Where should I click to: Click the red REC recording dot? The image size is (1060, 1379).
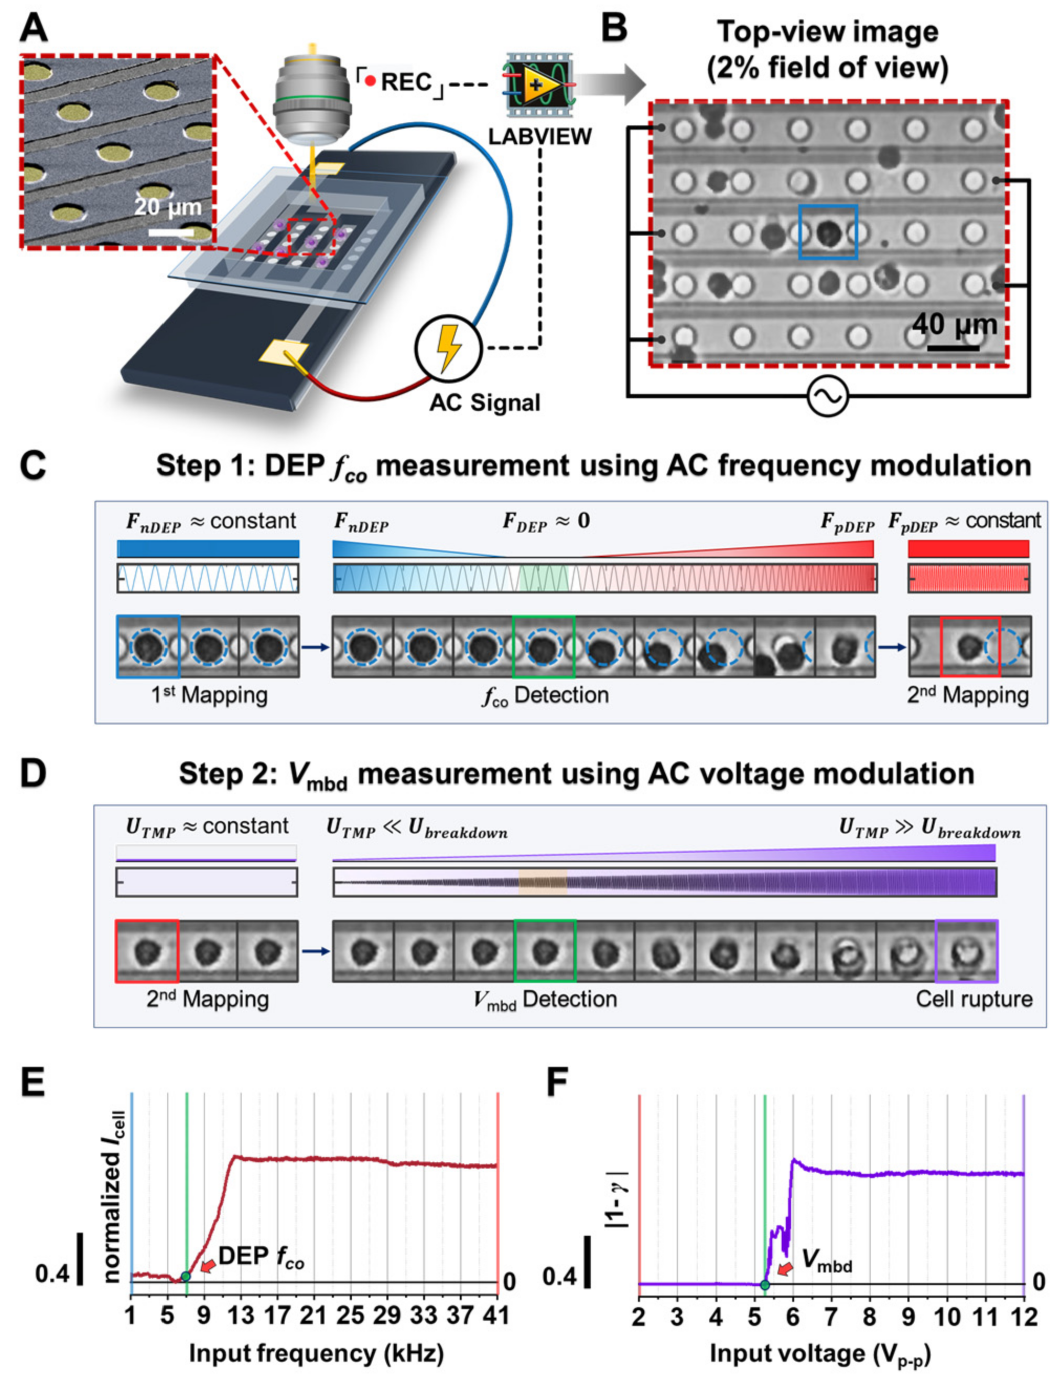(371, 81)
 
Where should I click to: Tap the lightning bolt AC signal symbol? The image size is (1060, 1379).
(449, 348)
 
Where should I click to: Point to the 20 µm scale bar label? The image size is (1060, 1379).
(168, 207)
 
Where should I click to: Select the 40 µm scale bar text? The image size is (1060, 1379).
(955, 324)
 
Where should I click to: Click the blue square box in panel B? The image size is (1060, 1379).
(828, 232)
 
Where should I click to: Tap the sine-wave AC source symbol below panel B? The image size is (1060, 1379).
(828, 397)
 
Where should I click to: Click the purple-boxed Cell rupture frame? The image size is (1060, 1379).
(966, 951)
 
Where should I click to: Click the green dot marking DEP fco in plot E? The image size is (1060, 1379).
(186, 1277)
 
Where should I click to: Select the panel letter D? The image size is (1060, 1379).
(33, 774)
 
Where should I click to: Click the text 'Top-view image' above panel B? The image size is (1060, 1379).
(827, 31)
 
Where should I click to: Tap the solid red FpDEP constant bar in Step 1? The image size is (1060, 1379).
(968, 548)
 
